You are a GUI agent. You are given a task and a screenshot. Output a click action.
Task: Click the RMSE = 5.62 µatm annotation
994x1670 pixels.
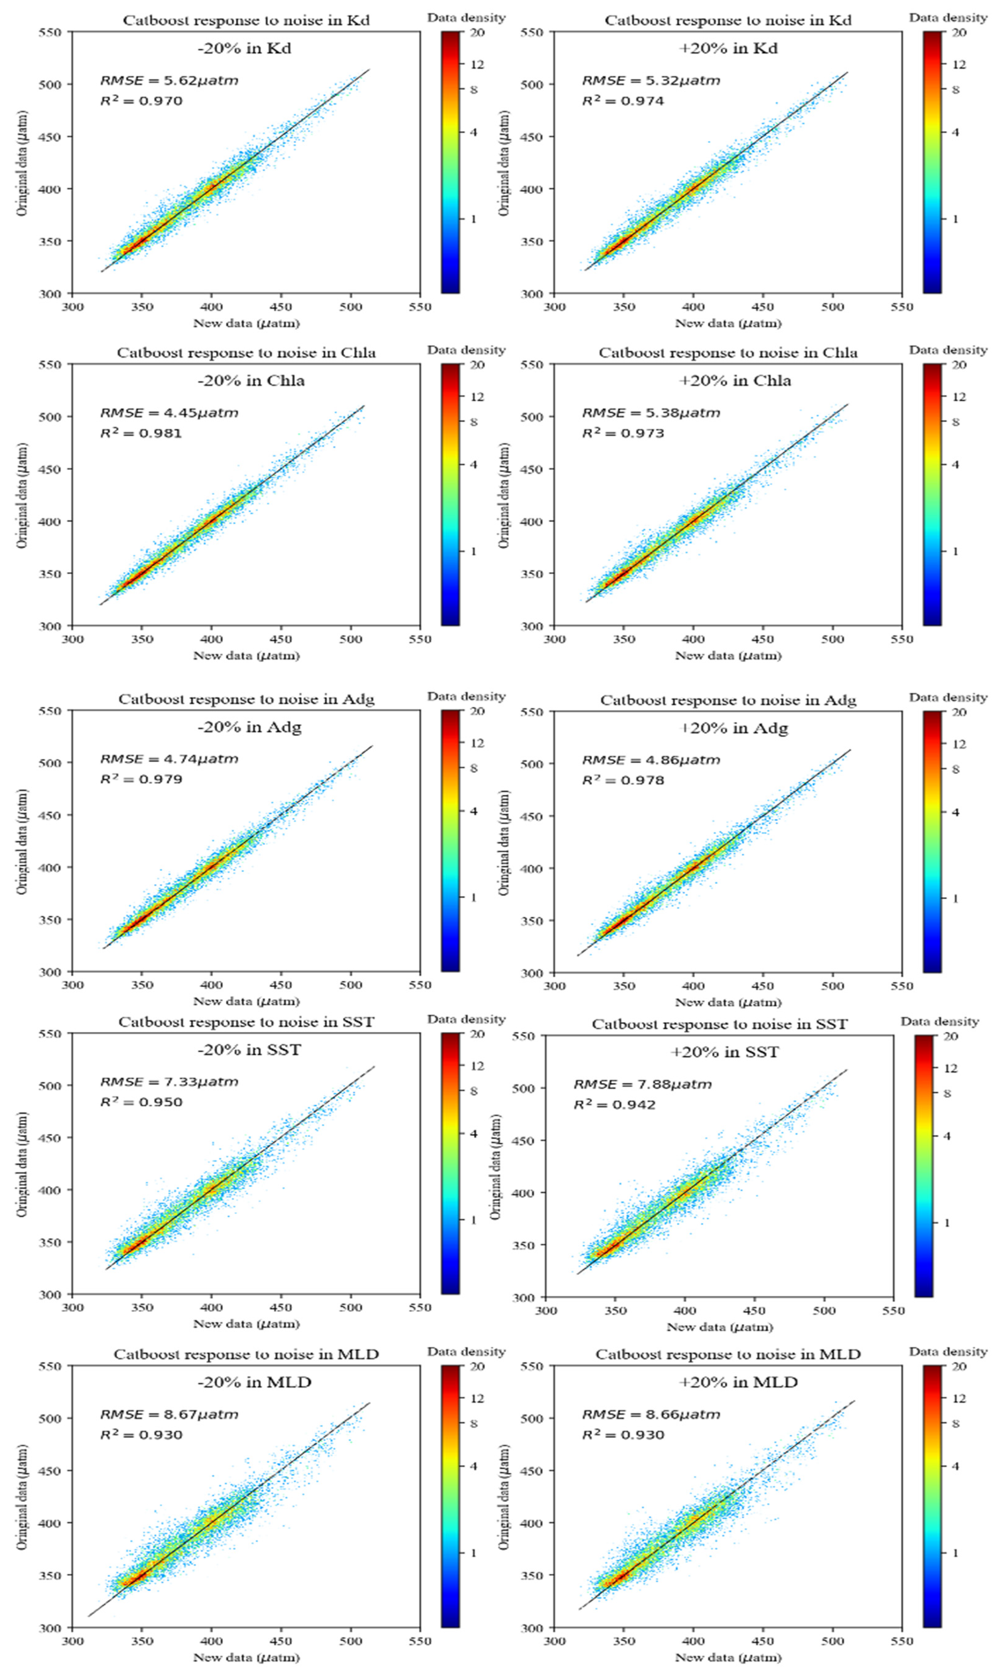[169, 81]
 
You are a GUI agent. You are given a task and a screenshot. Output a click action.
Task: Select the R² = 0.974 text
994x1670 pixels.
[623, 101]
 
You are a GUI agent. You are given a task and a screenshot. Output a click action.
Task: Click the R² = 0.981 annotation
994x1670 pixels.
[141, 433]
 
